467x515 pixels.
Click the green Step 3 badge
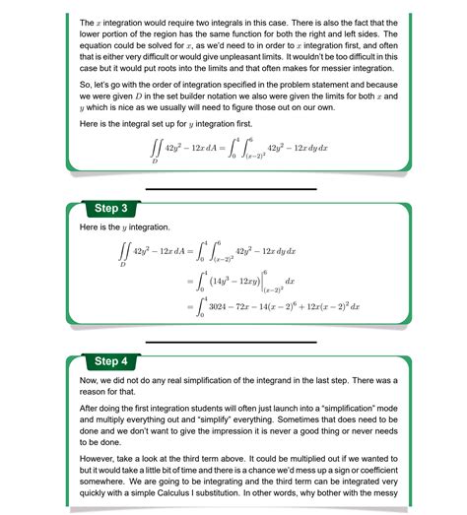pyautogui.click(x=109, y=209)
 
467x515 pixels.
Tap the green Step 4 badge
pyautogui.click(x=109, y=361)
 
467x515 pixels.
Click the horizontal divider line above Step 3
pyautogui.click(x=233, y=189)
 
